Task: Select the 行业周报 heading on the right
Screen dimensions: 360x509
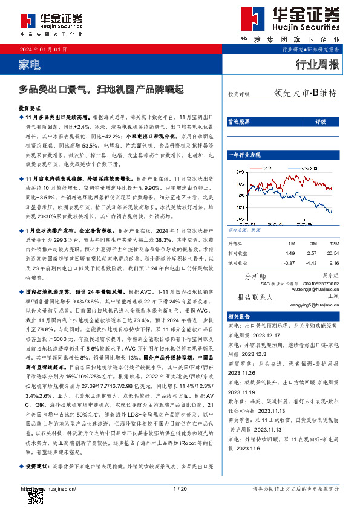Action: (x=317, y=63)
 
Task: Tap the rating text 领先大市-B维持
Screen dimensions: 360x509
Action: (x=305, y=93)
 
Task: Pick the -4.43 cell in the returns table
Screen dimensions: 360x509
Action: (x=312, y=245)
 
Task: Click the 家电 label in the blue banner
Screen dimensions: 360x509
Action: (x=30, y=63)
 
